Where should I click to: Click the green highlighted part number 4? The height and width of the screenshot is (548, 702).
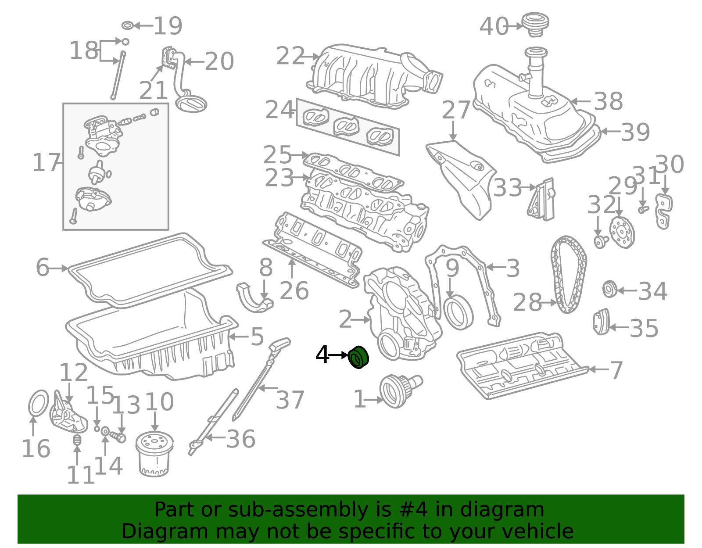pyautogui.click(x=358, y=358)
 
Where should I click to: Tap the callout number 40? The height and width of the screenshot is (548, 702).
pyautogui.click(x=494, y=26)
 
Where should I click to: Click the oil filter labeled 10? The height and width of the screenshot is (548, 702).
pyautogui.click(x=154, y=454)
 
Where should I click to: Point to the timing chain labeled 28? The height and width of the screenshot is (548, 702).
pyautogui.click(x=568, y=274)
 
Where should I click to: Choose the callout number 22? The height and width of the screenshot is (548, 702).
pyautogui.click(x=290, y=56)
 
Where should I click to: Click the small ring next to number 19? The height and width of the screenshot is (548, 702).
pyautogui.click(x=127, y=25)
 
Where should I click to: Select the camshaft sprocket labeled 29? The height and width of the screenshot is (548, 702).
pyautogui.click(x=622, y=233)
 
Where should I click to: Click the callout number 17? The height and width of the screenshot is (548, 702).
pyautogui.click(x=46, y=163)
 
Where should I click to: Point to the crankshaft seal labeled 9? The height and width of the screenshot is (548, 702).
pyautogui.click(x=458, y=312)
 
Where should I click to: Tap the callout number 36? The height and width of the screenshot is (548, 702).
pyautogui.click(x=240, y=439)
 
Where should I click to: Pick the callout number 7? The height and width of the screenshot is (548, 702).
pyautogui.click(x=616, y=370)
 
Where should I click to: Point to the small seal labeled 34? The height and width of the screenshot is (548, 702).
pyautogui.click(x=610, y=289)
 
